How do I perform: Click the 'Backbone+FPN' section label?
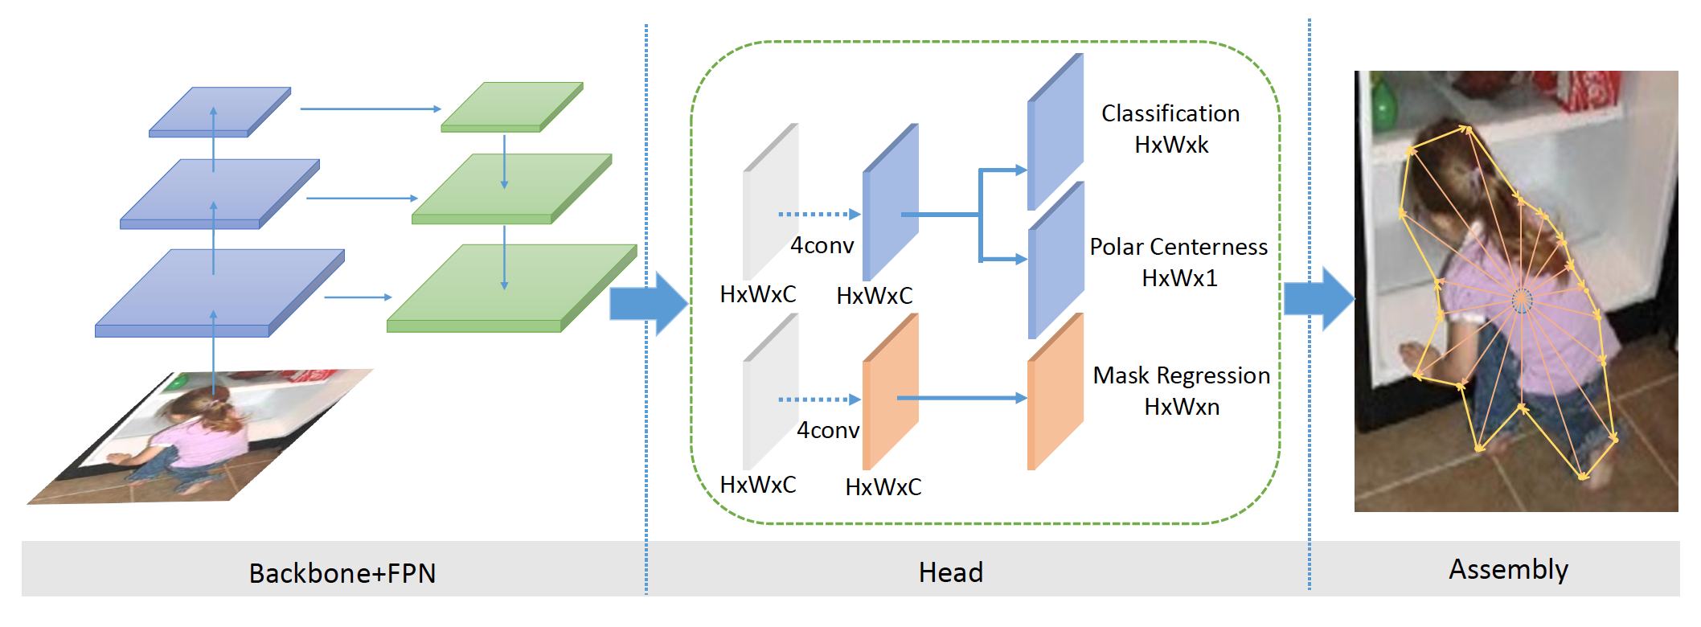[342, 573]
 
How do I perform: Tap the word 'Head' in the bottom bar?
[951, 572]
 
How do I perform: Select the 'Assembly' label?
[1508, 569]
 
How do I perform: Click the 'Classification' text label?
[1170, 113]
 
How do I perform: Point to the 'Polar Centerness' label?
[1178, 247]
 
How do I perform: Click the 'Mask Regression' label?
[1181, 375]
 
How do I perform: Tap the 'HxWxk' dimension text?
[1171, 145]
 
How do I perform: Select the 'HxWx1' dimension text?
[1179, 278]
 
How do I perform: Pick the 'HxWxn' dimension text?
[1182, 407]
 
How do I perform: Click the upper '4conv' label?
[822, 245]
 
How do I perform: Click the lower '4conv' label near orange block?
[828, 430]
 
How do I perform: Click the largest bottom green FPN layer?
[510, 288]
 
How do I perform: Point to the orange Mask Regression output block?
[1055, 391]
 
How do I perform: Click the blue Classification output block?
[1055, 131]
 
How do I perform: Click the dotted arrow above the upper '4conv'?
[818, 215]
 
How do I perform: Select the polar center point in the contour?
[1522, 301]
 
